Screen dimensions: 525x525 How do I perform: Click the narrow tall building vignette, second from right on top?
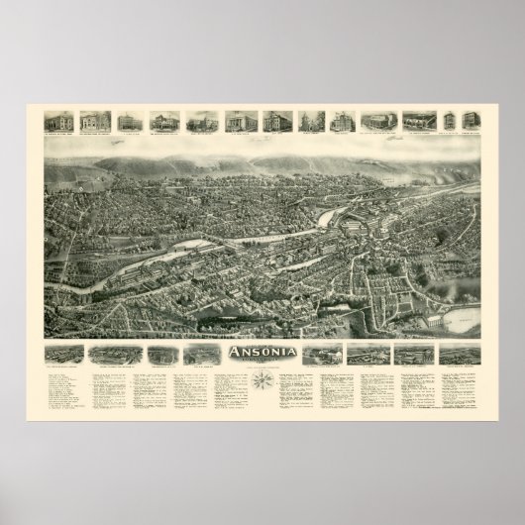point(450,121)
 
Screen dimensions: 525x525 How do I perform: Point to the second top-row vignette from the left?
point(95,121)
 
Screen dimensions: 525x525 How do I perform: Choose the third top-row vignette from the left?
point(129,121)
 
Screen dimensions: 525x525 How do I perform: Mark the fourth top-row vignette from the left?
point(161,121)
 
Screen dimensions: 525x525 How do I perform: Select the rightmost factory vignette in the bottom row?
point(461,354)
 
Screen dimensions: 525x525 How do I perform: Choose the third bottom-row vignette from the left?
point(157,354)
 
